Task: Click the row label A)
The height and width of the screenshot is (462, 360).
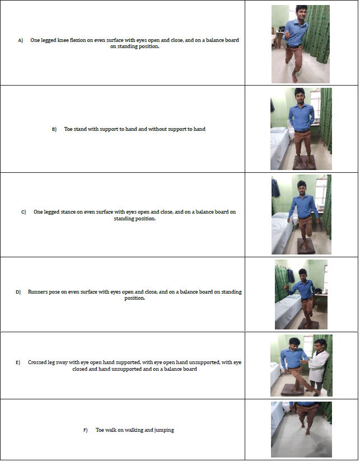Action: coord(20,40)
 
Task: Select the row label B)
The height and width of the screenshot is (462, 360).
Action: coord(54,129)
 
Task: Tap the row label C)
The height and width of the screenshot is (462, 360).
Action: coord(24,212)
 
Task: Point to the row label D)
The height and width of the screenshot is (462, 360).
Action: coord(18,292)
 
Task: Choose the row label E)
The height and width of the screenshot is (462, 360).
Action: coord(18,362)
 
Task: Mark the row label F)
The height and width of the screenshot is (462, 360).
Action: coord(86,430)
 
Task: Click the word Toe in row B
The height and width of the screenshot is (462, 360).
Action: coord(68,129)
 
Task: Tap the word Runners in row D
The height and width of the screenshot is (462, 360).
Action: coord(37,292)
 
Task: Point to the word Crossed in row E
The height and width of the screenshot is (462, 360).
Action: coord(37,362)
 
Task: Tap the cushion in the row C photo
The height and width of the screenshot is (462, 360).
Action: coord(306,246)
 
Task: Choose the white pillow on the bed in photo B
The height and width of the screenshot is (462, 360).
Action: coord(278,130)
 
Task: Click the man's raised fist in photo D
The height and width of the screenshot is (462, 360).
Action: coord(286,287)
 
